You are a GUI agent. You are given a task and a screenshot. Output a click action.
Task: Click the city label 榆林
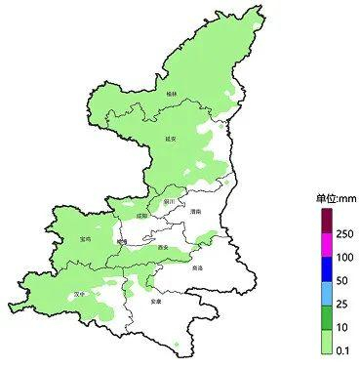(x=173, y=92)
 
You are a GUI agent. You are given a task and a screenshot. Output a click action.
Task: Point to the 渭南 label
(x=195, y=211)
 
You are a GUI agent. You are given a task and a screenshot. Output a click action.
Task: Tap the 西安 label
(x=162, y=248)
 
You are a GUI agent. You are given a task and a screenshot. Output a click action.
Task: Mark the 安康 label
(x=155, y=302)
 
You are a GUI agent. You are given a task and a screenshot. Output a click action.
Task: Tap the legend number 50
(x=342, y=281)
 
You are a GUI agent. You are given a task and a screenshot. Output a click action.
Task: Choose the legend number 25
(x=342, y=305)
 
